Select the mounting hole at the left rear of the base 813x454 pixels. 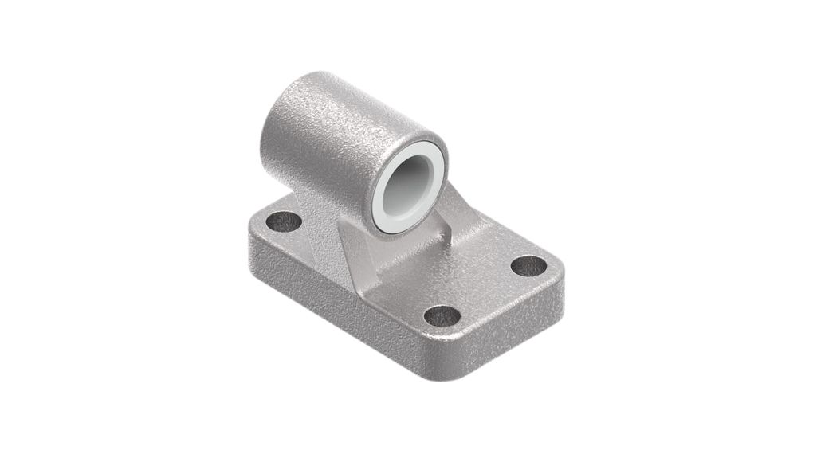tap(283, 221)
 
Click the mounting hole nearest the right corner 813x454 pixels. tap(528, 266)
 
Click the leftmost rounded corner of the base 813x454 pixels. tap(253, 227)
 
